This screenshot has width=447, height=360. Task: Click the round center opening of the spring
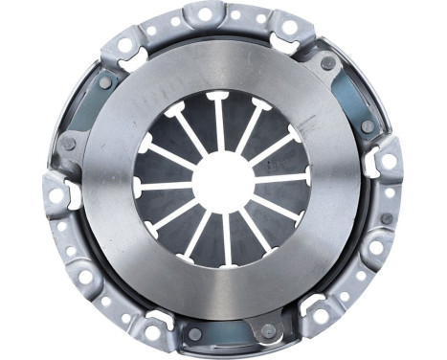point(223,181)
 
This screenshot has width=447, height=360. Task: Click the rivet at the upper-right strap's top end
point(328,63)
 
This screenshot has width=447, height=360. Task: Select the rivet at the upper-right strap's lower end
point(368,126)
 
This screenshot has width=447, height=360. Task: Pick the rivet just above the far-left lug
point(69,145)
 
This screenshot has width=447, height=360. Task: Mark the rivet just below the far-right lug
point(386,218)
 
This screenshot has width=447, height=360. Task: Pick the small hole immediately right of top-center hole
point(236,16)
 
